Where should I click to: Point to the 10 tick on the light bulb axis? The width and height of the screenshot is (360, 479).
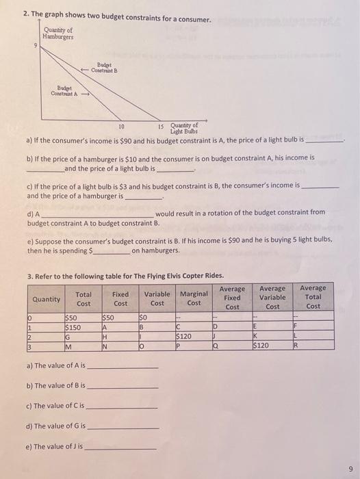point(121,127)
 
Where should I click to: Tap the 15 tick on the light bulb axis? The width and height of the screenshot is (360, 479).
point(162,127)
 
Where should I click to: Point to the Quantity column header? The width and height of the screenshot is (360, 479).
point(46,299)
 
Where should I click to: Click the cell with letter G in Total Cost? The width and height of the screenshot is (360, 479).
point(67,337)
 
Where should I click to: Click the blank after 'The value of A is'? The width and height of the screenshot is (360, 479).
point(123,367)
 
